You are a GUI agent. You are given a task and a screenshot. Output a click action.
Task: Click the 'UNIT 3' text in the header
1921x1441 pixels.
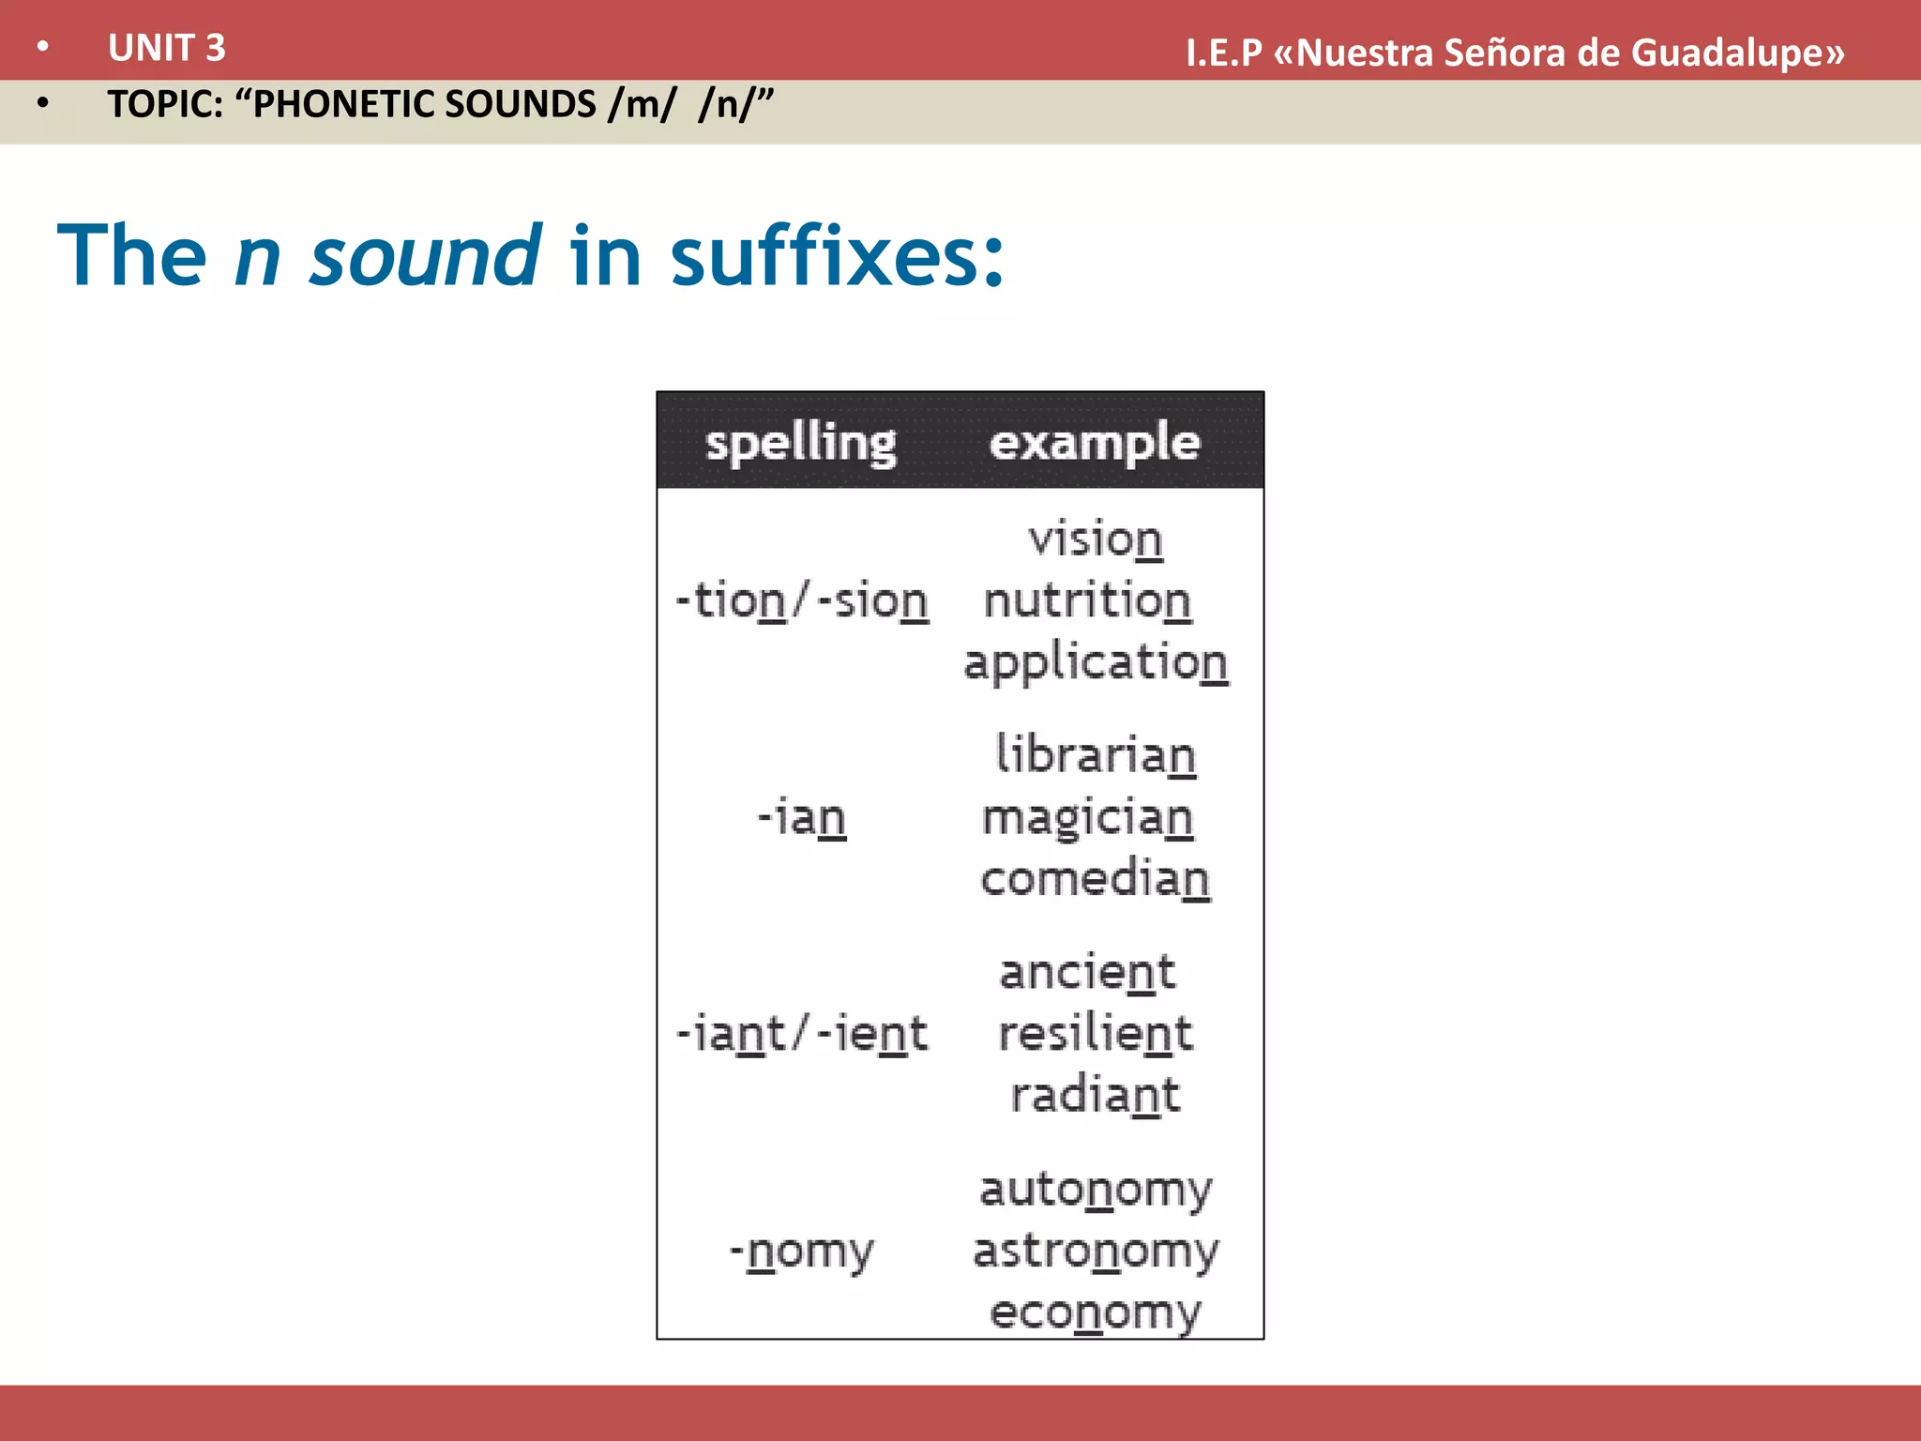click(166, 48)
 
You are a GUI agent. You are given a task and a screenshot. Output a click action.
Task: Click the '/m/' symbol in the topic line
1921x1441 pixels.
click(641, 104)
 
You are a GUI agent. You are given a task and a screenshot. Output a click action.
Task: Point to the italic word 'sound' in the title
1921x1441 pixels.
click(425, 255)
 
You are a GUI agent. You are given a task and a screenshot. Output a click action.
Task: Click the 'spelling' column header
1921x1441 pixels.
click(800, 442)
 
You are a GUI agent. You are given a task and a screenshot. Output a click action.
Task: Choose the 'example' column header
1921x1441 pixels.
click(1094, 442)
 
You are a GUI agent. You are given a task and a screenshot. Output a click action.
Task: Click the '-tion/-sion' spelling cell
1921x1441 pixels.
click(802, 600)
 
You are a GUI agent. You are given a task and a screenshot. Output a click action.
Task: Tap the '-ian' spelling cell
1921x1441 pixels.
click(802, 817)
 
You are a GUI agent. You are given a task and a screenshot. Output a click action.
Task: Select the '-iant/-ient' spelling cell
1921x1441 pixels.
click(802, 1034)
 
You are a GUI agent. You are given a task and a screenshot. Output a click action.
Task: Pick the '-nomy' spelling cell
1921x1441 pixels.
click(802, 1251)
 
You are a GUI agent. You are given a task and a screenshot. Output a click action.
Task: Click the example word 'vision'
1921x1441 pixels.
click(1095, 539)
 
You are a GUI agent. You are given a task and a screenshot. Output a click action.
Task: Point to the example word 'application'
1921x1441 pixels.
click(1095, 662)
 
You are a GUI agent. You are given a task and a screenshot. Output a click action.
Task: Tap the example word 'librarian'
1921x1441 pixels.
click(1095, 754)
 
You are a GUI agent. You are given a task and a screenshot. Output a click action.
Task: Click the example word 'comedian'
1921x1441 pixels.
click(1095, 879)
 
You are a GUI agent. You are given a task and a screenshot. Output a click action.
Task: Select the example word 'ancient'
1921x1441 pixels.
click(1087, 972)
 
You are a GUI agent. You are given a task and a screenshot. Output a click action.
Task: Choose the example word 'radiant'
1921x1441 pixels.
click(1095, 1095)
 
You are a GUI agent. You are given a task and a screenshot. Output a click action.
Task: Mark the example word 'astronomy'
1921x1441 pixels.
click(1095, 1251)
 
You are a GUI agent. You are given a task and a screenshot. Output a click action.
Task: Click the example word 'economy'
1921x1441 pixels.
click(1095, 1312)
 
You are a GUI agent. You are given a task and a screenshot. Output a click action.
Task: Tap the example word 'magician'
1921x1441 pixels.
click(1087, 817)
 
